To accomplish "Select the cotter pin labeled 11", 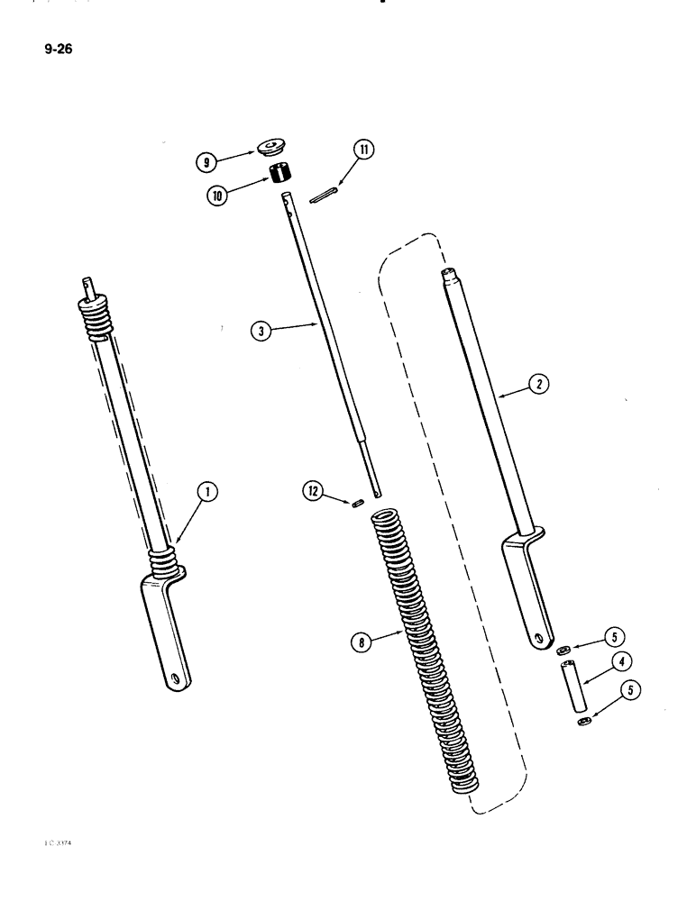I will [322, 197].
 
